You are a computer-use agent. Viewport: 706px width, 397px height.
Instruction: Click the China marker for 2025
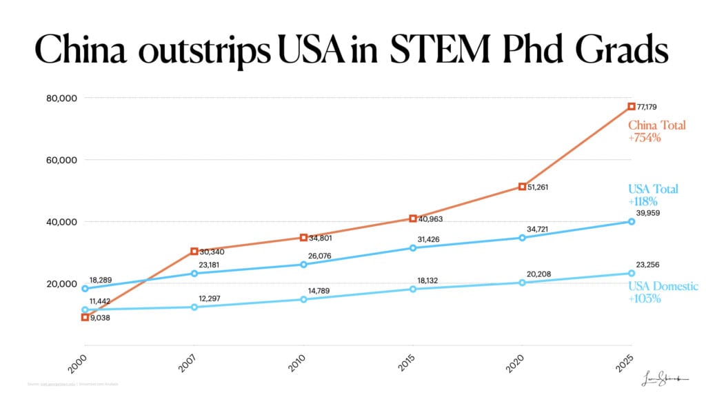click(x=632, y=106)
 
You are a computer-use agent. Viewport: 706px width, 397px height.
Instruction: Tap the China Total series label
click(x=656, y=125)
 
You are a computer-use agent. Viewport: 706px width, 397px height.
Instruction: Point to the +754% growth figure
click(x=645, y=138)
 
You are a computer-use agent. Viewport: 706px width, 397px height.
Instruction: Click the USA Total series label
click(x=653, y=189)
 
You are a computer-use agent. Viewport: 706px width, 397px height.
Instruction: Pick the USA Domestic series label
click(x=663, y=286)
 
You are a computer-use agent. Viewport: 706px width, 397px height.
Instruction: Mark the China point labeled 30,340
click(x=194, y=252)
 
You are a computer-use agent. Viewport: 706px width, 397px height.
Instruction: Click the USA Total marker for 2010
click(x=303, y=265)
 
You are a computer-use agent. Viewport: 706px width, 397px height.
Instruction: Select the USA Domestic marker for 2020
click(x=522, y=283)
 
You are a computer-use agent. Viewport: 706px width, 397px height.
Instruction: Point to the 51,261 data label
click(x=541, y=187)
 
